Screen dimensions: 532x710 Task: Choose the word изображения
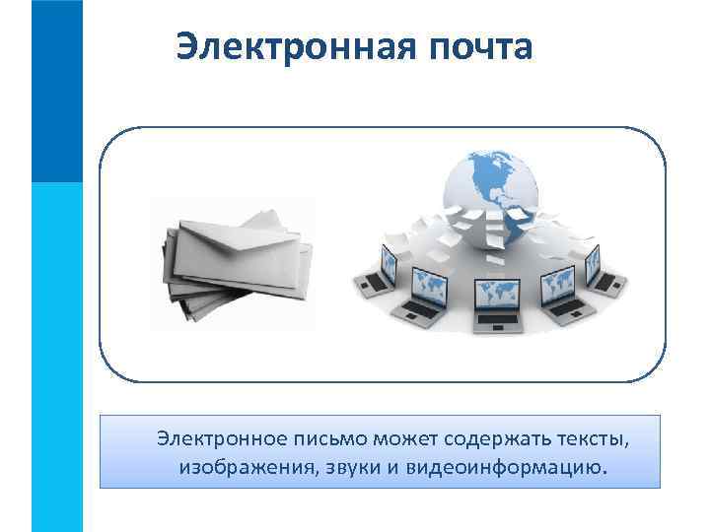coord(246,465)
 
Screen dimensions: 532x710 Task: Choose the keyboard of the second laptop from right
coord(563,307)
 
